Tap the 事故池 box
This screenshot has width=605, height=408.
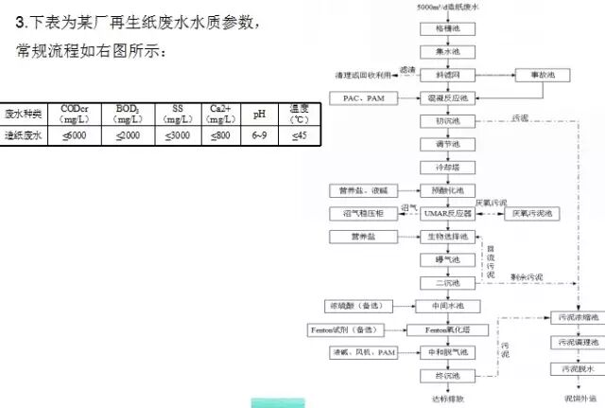click(x=540, y=74)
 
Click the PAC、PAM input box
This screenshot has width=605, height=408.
click(x=363, y=98)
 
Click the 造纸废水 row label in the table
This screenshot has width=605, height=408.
click(x=23, y=135)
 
